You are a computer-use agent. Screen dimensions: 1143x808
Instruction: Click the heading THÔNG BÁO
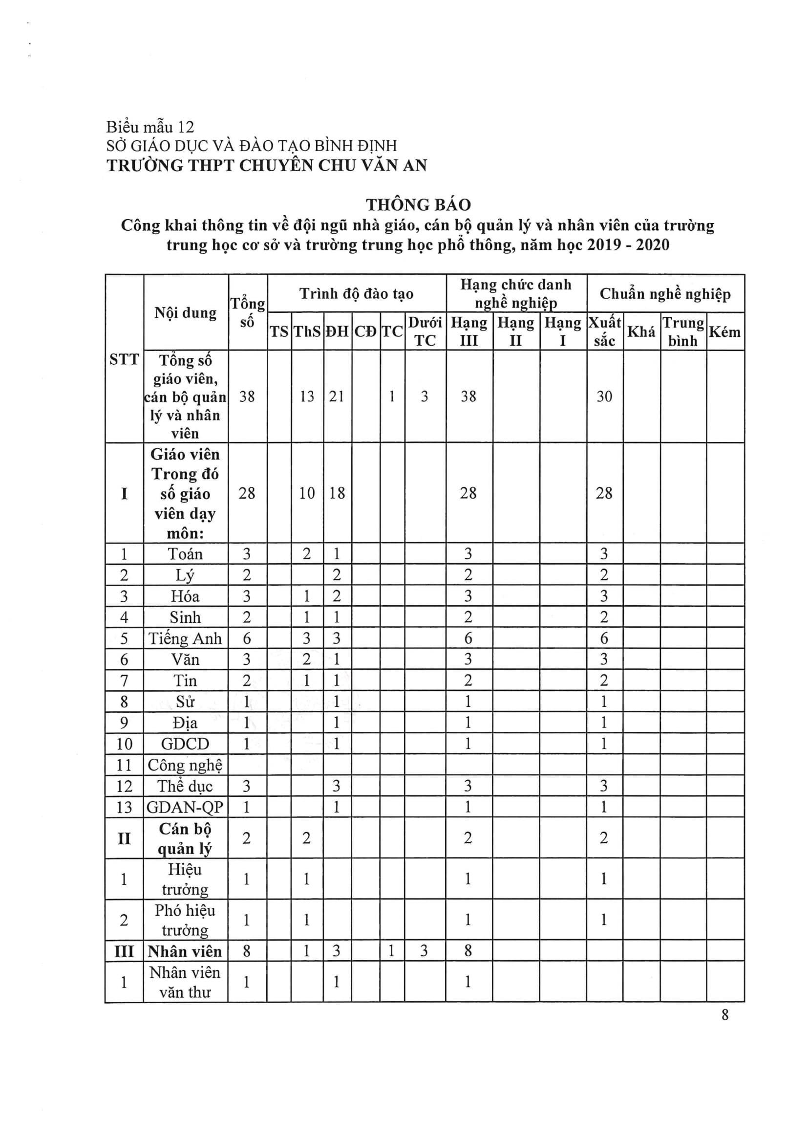[x=418, y=205]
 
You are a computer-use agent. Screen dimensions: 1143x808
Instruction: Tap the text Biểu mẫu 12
[x=150, y=127]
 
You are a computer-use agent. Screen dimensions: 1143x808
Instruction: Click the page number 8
[x=725, y=1014]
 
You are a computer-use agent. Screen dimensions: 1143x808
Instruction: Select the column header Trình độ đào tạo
[x=356, y=294]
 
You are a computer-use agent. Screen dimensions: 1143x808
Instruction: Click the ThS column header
[x=307, y=331]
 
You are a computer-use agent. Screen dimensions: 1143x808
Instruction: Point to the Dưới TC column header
[x=425, y=331]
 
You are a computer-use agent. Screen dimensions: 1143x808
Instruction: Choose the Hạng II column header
[x=515, y=331]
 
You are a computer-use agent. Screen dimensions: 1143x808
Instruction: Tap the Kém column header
[x=724, y=331]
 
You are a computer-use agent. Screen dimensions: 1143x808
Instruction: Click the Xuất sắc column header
[x=604, y=331]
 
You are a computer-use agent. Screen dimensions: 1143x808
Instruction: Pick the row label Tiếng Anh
[x=185, y=638]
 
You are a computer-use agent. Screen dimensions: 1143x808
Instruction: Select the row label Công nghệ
[x=185, y=765]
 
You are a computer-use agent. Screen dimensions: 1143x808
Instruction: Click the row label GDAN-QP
[x=185, y=807]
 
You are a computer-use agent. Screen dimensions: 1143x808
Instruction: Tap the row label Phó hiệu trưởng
[x=185, y=920]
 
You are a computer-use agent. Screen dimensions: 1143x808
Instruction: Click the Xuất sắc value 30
[x=604, y=396]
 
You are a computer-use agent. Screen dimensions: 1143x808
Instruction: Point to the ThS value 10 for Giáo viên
[x=306, y=493]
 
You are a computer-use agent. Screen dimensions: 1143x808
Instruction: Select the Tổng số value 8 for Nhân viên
[x=246, y=951]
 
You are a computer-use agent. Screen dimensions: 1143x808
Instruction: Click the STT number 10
[x=124, y=744]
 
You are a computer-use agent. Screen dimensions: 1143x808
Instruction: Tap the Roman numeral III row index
[x=124, y=951]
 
